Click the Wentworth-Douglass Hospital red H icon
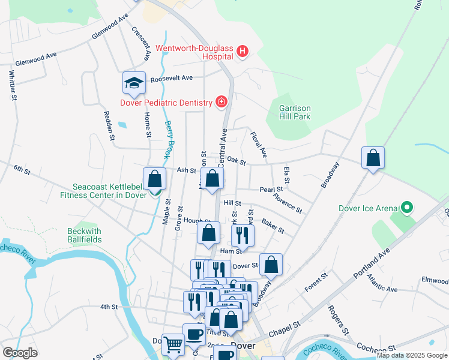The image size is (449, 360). pyautogui.click(x=243, y=52)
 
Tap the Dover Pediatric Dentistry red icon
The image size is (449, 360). pyautogui.click(x=221, y=103)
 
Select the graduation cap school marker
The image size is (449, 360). pyautogui.click(x=134, y=83)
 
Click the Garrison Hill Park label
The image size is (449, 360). pyautogui.click(x=295, y=112)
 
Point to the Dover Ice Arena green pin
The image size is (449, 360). pyautogui.click(x=406, y=208)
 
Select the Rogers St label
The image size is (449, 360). pyautogui.click(x=338, y=319)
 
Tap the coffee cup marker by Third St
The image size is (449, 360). pyautogui.click(x=194, y=334)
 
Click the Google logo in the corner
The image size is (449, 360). pyautogui.click(x=20, y=352)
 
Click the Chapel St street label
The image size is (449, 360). pyautogui.click(x=285, y=328)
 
